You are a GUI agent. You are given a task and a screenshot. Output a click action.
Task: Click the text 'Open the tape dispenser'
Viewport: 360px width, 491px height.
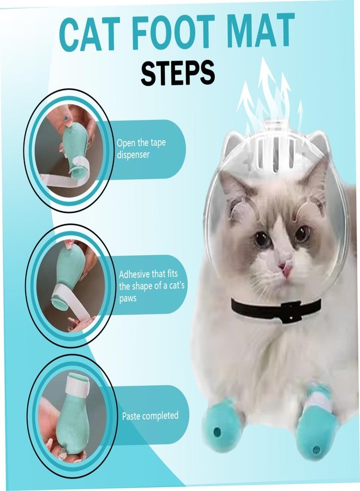141,148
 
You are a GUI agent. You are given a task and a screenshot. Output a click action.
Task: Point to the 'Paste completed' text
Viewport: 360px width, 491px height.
149,416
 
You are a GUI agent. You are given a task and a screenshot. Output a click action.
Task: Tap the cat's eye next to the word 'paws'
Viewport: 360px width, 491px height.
261,238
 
